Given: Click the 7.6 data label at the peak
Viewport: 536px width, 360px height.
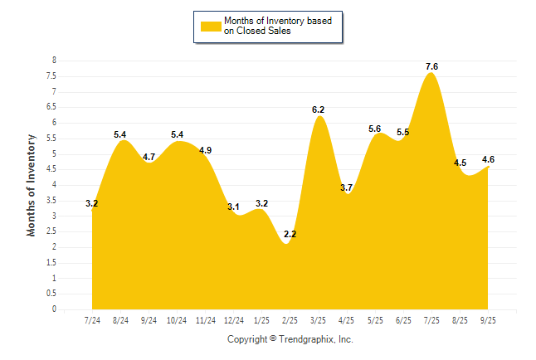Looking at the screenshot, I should click(x=431, y=66).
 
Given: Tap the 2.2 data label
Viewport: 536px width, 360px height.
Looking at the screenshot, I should click(x=290, y=235).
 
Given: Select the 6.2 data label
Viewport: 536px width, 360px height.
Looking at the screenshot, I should click(x=318, y=109).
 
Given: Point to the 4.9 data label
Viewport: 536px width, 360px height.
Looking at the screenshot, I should click(x=206, y=150).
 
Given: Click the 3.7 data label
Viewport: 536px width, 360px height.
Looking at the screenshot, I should click(x=347, y=188).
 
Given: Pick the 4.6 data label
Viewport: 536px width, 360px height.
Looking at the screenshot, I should click(x=489, y=159).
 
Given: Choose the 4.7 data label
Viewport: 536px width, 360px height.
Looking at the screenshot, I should click(x=149, y=157).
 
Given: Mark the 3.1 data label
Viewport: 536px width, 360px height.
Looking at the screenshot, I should click(x=234, y=207).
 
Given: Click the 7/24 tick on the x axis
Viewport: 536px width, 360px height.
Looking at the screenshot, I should click(x=93, y=319).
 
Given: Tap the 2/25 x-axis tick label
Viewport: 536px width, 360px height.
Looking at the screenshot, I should click(x=290, y=319).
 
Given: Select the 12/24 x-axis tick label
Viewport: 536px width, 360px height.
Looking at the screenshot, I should click(x=234, y=319).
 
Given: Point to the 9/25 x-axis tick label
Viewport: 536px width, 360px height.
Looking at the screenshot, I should click(x=489, y=319).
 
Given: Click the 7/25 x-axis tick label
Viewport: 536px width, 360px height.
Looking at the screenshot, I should click(x=432, y=319).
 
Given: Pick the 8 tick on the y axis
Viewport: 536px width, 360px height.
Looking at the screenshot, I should click(x=55, y=61).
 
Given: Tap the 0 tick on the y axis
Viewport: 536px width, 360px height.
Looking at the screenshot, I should click(x=55, y=309).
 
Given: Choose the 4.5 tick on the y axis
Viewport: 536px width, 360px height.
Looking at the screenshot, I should click(x=52, y=169).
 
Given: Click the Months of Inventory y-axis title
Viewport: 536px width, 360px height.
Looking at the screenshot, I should click(x=32, y=185).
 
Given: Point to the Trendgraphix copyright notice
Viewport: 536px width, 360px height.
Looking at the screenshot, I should click(x=290, y=339).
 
